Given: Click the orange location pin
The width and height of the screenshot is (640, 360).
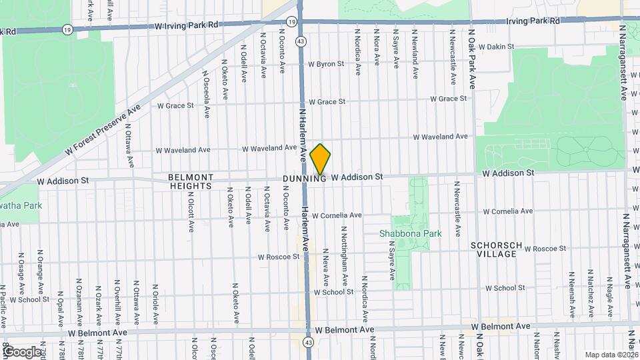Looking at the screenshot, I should click(x=321, y=159).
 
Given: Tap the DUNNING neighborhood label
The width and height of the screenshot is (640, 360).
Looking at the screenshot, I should click(x=304, y=179).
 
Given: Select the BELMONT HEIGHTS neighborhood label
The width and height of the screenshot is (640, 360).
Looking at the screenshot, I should click(x=191, y=181).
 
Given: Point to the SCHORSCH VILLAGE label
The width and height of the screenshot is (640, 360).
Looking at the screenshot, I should click(x=494, y=249).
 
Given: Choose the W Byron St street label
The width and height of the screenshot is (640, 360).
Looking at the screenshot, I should click(x=326, y=65).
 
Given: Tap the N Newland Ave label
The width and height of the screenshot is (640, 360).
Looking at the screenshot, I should click(x=414, y=47).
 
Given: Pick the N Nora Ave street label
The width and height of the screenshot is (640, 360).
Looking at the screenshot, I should click(x=377, y=47).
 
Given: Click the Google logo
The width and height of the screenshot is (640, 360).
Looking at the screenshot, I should click(x=22, y=351).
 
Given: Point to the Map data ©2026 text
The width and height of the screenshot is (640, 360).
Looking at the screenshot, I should click(x=611, y=355).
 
